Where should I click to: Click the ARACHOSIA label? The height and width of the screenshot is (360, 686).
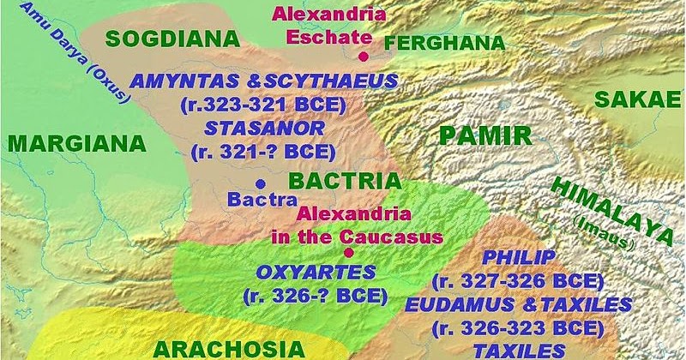coord(229,347)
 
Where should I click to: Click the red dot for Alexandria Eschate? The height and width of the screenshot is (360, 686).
coord(364,57)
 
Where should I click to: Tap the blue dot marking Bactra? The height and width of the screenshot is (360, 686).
coord(259,183)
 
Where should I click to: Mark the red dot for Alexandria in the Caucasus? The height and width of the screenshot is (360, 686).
coord(348,252)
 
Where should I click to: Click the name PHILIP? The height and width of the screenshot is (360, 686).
coord(520,258)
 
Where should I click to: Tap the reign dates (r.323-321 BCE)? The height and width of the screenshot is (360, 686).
coord(263,105)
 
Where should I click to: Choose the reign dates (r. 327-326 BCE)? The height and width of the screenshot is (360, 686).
coord(520,281)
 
